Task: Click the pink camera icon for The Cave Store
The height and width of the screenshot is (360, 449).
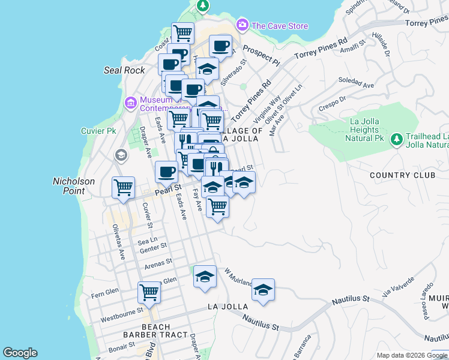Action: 243,25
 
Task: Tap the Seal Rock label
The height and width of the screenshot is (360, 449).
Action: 125,70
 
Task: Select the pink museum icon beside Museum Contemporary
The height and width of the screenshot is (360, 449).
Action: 130,103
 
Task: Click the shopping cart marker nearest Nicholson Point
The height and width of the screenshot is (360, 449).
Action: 123,187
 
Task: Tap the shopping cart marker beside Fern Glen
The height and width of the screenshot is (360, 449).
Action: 149,292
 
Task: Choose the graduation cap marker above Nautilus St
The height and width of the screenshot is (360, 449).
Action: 263,289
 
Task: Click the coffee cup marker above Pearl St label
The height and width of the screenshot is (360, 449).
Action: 166,172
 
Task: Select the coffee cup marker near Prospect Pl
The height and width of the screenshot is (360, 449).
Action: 220,46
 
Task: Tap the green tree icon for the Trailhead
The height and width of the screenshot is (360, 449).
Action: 396,140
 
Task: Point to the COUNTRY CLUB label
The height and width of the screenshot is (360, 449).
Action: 402,175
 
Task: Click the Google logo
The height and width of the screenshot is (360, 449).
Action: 20,353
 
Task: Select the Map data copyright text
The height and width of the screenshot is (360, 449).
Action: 402,355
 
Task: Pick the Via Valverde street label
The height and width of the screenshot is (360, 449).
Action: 398,286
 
